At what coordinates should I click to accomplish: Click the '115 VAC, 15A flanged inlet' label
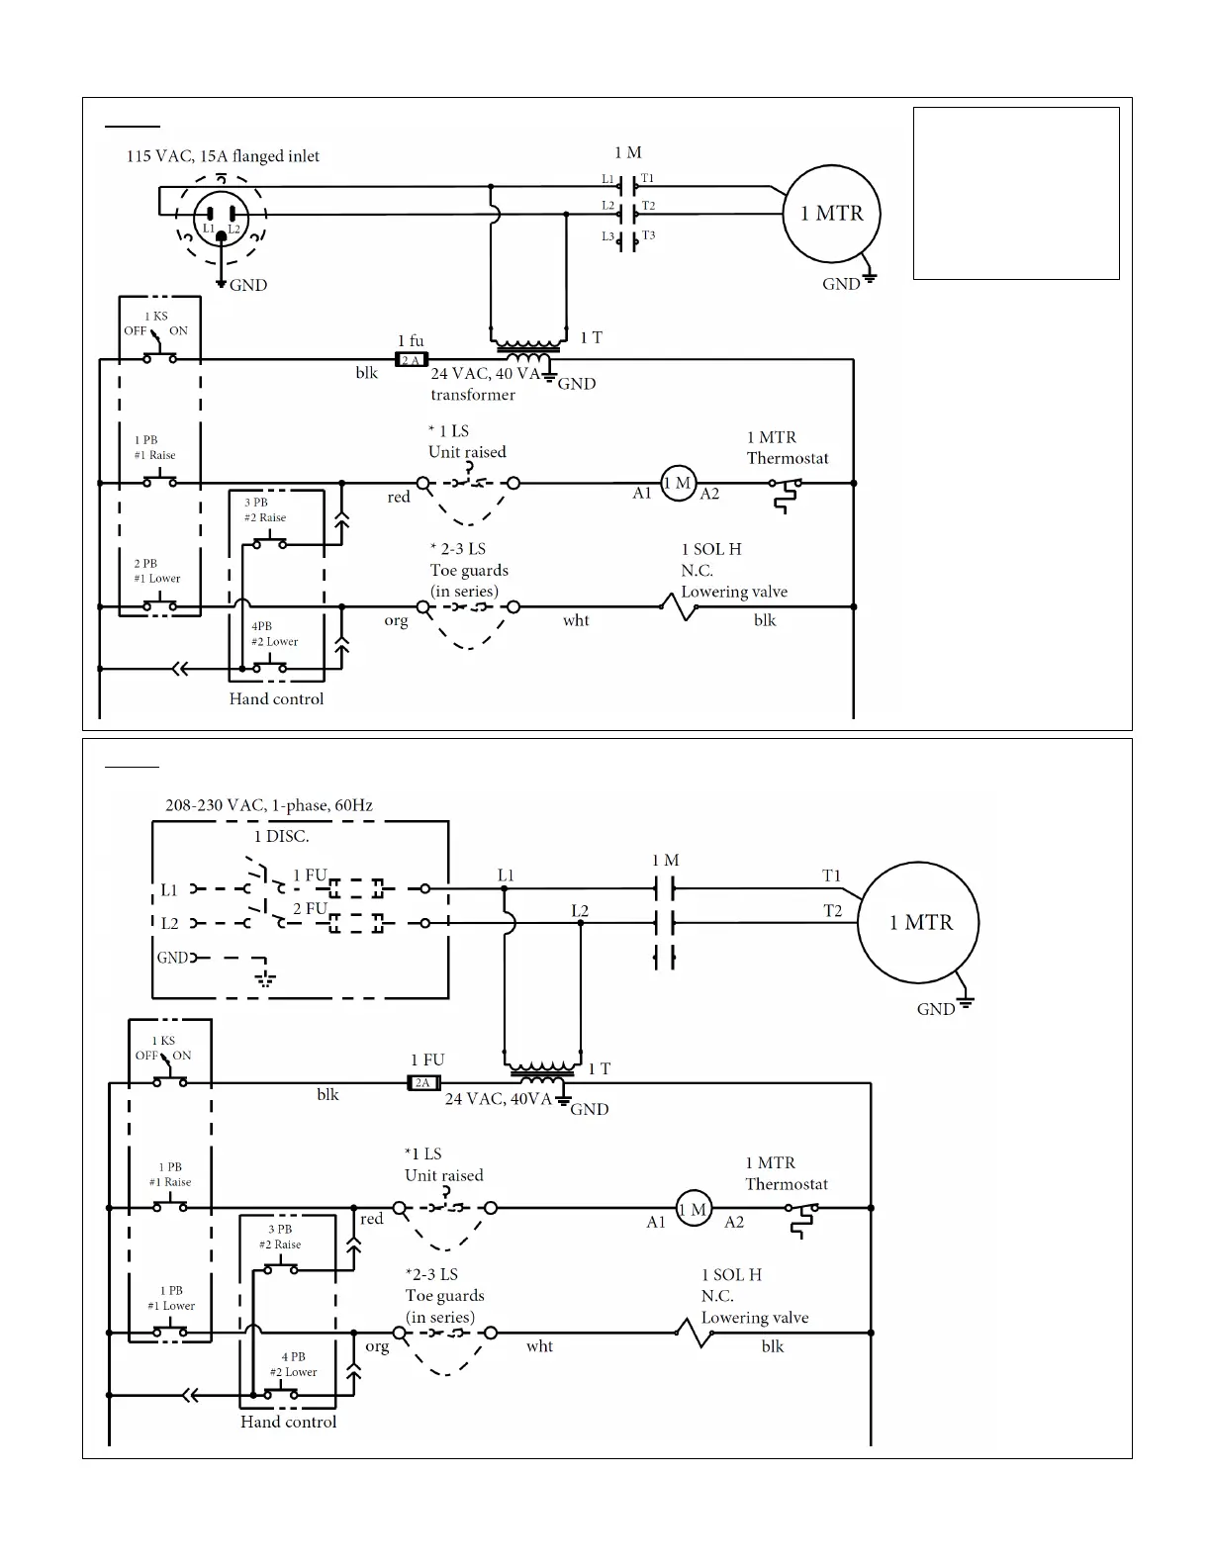point(223,156)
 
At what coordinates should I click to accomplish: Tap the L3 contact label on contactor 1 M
point(607,237)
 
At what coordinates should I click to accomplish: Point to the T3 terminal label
point(648,235)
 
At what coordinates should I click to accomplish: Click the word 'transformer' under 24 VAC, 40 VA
point(472,395)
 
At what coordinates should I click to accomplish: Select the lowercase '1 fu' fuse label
point(411,341)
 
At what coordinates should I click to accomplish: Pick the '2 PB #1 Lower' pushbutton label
point(156,571)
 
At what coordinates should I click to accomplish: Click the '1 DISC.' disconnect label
point(281,836)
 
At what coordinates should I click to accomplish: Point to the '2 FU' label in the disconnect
point(310,908)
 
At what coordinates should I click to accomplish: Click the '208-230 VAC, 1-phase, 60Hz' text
point(268,805)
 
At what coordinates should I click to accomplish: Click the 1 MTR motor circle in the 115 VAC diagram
point(831,214)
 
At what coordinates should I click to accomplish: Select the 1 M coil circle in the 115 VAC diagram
point(678,484)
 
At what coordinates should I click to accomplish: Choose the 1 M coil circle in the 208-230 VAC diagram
point(693,1209)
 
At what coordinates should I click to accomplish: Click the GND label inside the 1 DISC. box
point(172,958)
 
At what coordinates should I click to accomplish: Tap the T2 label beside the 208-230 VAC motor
point(833,911)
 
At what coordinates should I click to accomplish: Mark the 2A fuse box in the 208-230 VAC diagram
point(423,1083)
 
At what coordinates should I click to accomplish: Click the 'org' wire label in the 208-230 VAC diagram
point(377,1346)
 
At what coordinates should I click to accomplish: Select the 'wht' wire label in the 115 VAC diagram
point(576,620)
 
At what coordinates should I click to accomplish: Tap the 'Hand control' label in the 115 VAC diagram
point(276,699)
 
